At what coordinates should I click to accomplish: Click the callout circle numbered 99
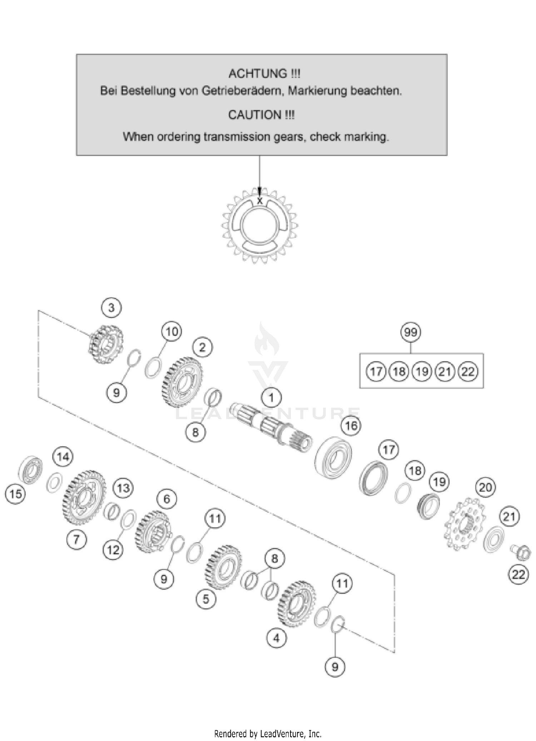click(410, 332)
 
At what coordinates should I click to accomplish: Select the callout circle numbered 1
click(271, 398)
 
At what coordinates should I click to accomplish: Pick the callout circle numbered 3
click(111, 308)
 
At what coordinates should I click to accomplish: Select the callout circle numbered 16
click(351, 426)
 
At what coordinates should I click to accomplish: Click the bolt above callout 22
click(523, 553)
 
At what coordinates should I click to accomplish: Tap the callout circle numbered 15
click(15, 494)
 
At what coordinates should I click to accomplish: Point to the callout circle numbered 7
click(77, 539)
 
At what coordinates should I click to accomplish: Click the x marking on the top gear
click(260, 201)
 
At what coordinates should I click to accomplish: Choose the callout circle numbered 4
click(276, 638)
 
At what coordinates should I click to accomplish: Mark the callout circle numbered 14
click(63, 457)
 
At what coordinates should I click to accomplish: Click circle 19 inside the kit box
click(422, 372)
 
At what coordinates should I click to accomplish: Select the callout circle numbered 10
click(172, 332)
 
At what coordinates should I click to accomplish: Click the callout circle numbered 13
click(123, 488)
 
